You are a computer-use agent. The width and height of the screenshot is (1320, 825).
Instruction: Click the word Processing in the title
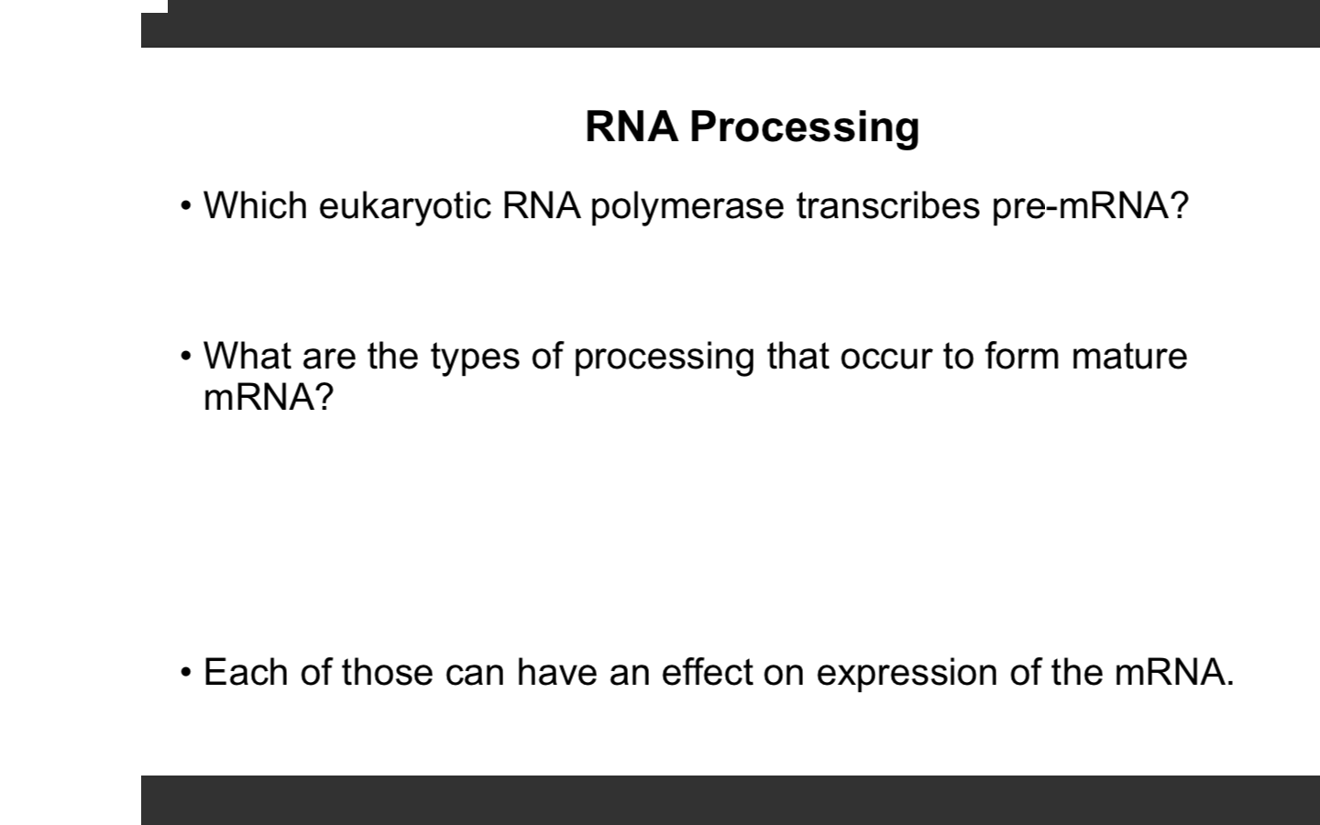pyautogui.click(x=804, y=126)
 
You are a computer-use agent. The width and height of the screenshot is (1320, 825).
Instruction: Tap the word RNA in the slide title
pyautogui.click(x=632, y=126)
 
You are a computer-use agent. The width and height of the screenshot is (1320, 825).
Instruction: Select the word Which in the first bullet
pyautogui.click(x=255, y=205)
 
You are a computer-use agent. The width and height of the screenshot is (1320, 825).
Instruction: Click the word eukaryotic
pyautogui.click(x=404, y=206)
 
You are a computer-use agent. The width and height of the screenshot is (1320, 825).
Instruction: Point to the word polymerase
pyautogui.click(x=687, y=206)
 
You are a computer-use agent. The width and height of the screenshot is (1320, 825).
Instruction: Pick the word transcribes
pyautogui.click(x=887, y=205)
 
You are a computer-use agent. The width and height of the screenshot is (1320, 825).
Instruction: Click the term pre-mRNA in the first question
pyautogui.click(x=1088, y=206)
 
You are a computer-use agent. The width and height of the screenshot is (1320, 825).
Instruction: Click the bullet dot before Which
pyautogui.click(x=186, y=205)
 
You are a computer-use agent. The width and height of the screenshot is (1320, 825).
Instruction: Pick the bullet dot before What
pyautogui.click(x=186, y=356)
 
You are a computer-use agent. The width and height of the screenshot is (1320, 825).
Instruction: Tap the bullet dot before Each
pyautogui.click(x=186, y=672)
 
